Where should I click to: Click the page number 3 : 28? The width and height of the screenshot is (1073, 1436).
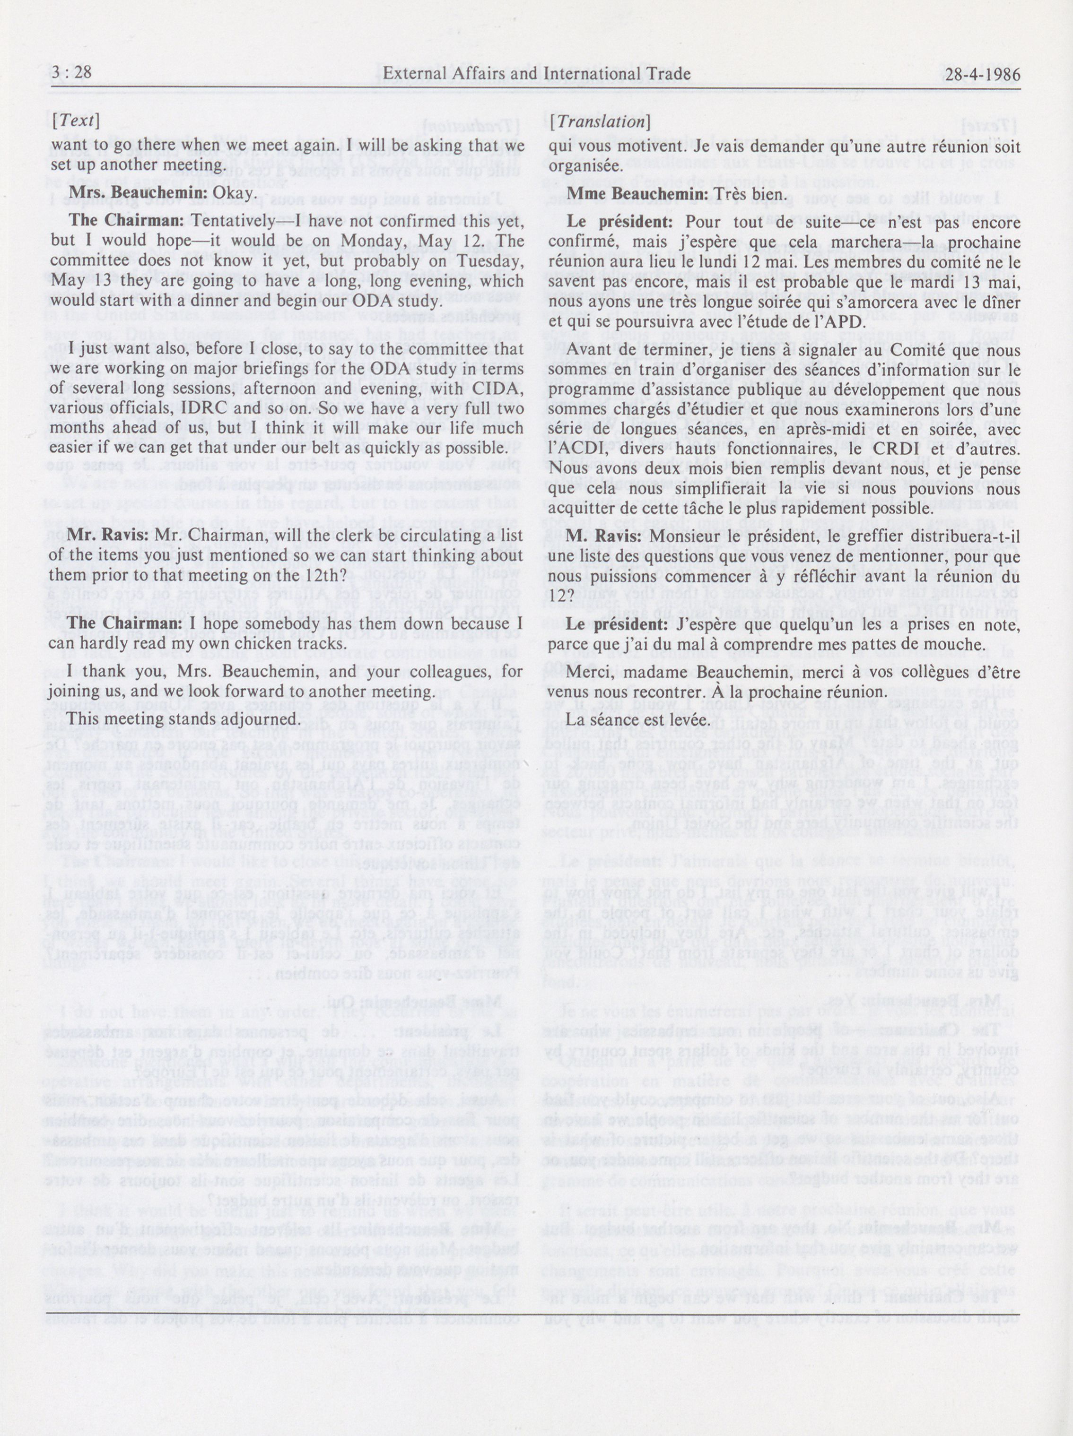(x=71, y=73)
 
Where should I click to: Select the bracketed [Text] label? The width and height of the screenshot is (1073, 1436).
(x=75, y=121)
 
